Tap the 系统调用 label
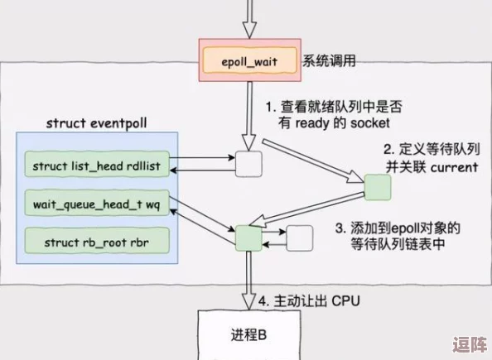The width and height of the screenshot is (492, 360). pos(329,60)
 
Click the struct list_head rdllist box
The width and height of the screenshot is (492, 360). pos(96,166)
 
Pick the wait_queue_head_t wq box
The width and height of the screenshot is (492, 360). pos(96,204)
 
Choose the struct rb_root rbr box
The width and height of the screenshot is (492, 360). pos(96,242)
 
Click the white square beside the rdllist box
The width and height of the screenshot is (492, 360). pos(248,164)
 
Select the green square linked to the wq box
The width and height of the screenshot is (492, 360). pos(248,238)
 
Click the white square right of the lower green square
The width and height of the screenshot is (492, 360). pos(301,238)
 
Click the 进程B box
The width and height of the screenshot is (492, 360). pos(248,335)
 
